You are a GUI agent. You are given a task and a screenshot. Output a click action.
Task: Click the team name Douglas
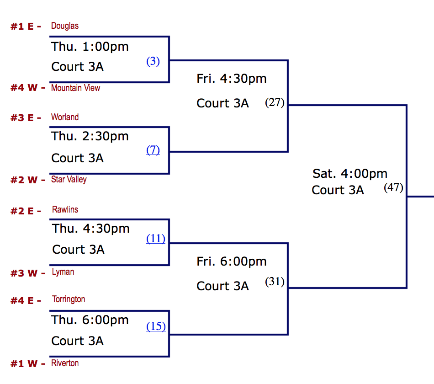65,26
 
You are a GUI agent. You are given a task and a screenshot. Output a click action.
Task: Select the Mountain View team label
75,88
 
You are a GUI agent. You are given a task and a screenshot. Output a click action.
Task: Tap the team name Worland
65,117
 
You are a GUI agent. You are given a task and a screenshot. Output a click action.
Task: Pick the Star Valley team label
69,179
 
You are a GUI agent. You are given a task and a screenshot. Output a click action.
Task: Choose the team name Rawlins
65,210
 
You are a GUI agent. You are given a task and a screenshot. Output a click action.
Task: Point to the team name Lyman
63,272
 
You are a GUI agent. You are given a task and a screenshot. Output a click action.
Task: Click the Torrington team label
69,299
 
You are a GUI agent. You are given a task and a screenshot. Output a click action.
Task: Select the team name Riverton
65,363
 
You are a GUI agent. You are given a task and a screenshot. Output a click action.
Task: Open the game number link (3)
153,61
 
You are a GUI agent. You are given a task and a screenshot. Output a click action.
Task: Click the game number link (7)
153,150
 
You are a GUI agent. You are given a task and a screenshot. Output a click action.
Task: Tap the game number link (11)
156,238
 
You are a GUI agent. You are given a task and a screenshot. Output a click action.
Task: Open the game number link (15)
156,326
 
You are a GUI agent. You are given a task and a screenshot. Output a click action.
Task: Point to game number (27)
275,102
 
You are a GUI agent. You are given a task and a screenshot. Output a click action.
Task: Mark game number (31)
275,282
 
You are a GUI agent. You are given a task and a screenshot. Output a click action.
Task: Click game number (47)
393,187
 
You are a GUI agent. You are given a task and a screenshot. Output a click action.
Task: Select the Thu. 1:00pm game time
90,47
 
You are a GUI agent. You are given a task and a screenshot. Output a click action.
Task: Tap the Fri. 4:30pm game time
232,79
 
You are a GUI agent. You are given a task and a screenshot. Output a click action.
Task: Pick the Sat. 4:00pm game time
350,174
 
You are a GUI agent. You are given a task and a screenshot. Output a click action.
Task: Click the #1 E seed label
26,27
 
